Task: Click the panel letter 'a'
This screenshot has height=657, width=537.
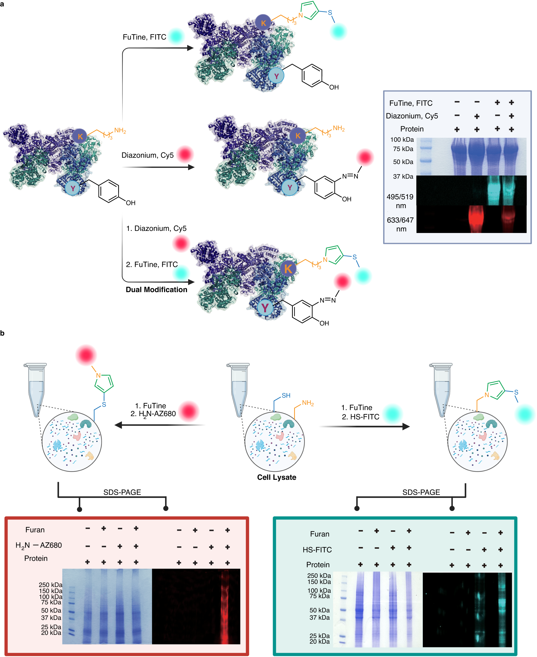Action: point(2,4)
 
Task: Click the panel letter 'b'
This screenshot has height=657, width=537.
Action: point(2,333)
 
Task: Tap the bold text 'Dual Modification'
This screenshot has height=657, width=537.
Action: point(156,290)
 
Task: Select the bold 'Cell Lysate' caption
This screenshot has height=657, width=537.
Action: point(277,477)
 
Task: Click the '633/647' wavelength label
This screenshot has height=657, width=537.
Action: point(400,220)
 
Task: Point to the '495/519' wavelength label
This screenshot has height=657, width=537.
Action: point(400,197)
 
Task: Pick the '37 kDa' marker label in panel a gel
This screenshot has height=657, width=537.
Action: point(403,176)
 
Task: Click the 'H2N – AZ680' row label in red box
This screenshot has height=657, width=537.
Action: point(39,545)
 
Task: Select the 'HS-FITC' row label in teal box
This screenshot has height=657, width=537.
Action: point(317,550)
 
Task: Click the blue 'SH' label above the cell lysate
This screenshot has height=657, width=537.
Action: point(286,396)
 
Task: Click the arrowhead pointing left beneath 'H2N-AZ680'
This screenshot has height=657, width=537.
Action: point(118,425)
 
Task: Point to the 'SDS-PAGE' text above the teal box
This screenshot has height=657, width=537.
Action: point(421,492)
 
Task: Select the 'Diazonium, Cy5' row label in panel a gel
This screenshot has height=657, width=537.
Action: point(412,116)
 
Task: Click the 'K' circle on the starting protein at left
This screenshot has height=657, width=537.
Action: point(80,136)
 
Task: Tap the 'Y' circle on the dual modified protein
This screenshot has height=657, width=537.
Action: point(265,308)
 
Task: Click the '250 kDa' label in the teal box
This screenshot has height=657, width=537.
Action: point(319,576)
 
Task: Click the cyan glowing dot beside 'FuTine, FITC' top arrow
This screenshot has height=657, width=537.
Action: point(176,36)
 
